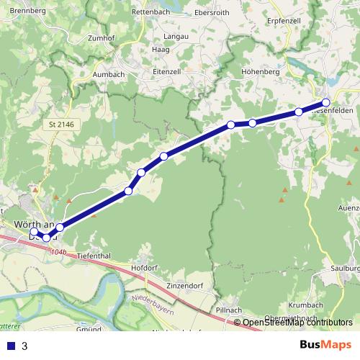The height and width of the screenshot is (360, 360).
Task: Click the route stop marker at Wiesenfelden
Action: [326, 103]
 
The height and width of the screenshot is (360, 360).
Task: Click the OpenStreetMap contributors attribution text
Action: [297, 323]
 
